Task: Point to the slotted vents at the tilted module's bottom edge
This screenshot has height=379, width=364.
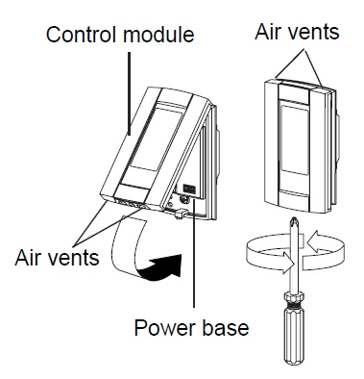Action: click(130, 204)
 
